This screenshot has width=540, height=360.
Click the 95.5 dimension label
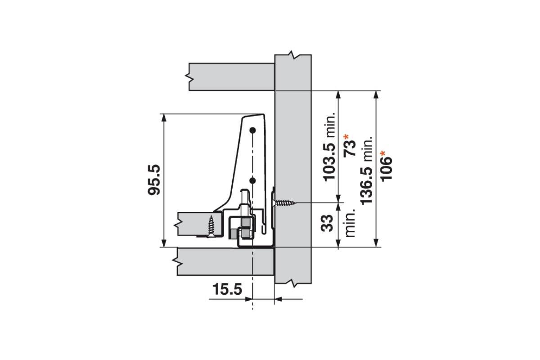click(x=154, y=180)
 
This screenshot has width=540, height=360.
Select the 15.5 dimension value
click(x=227, y=289)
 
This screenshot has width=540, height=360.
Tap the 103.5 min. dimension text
click(x=330, y=147)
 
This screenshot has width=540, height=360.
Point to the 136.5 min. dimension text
click(x=367, y=171)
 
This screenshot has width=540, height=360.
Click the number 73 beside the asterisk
click(x=350, y=148)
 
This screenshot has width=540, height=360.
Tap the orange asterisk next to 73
click(x=346, y=137)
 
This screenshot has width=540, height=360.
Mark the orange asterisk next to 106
click(x=383, y=154)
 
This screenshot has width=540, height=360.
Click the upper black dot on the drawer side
click(x=252, y=130)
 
